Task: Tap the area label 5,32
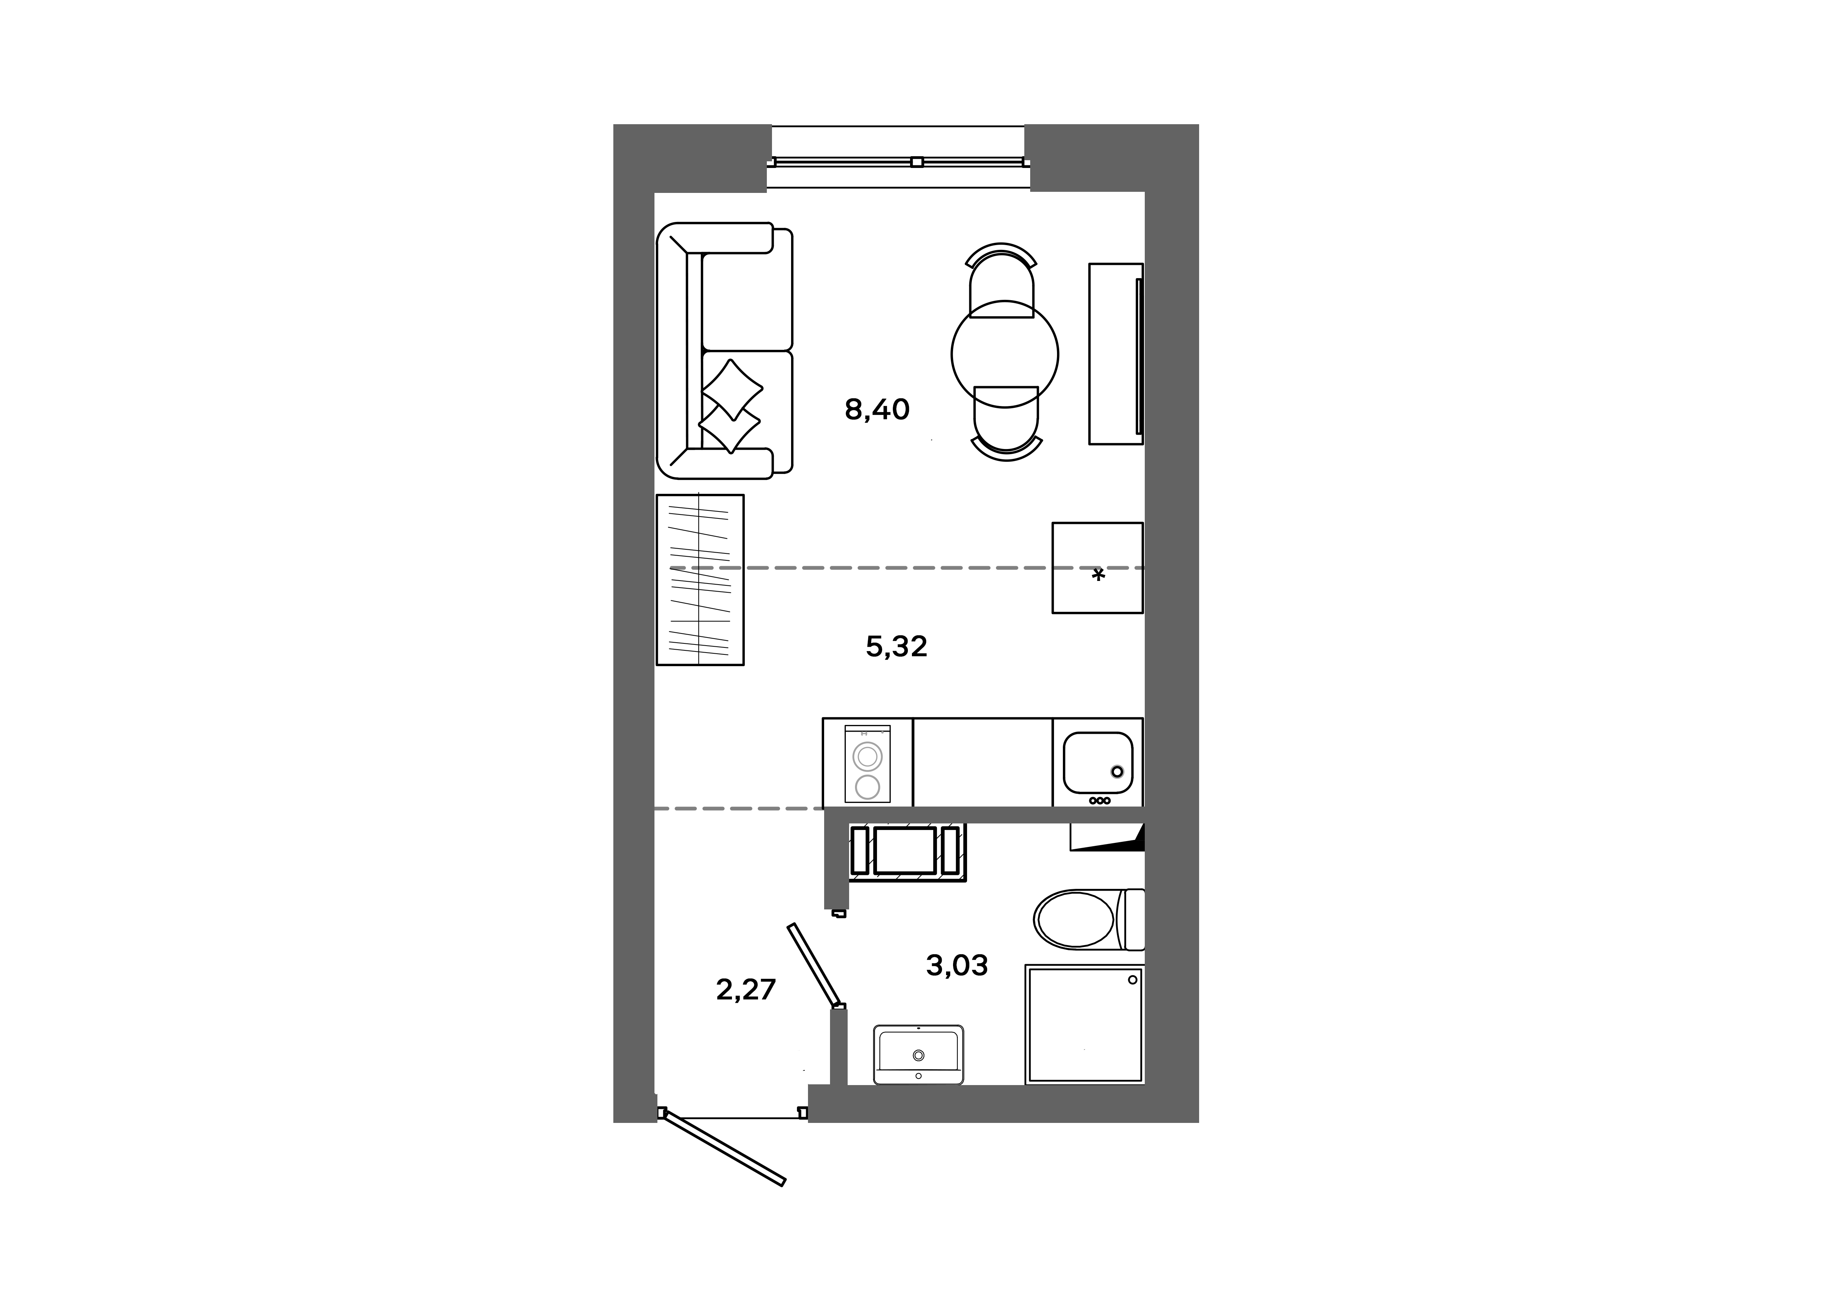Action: pos(896,647)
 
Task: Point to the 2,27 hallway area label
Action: pos(745,990)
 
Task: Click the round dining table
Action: pos(1004,353)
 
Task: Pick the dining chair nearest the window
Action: pos(1002,278)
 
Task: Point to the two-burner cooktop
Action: pos(867,764)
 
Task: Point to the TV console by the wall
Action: pos(1115,354)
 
